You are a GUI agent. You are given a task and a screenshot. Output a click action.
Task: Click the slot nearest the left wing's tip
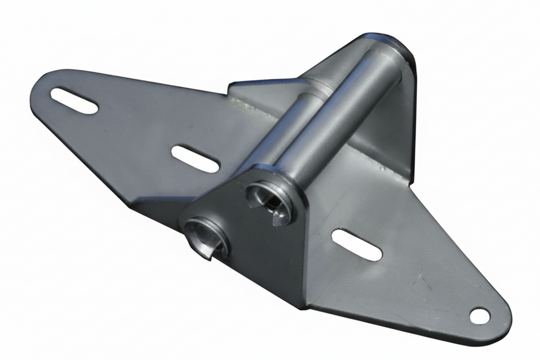(74, 101)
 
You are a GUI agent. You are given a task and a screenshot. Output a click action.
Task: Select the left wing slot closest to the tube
(195, 158)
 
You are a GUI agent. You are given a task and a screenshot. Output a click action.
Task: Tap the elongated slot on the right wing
(356, 244)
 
